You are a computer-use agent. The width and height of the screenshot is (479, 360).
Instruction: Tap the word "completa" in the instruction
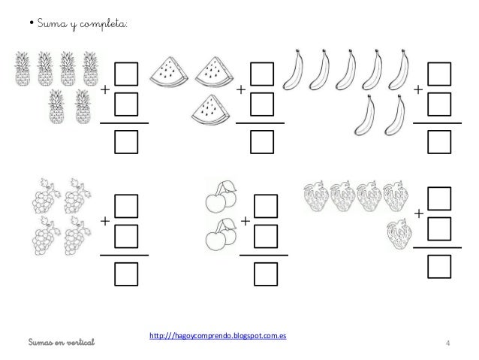point(103,24)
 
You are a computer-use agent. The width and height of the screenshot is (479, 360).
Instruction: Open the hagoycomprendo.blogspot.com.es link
point(218,335)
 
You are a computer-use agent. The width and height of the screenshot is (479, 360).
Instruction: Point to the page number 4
point(447,343)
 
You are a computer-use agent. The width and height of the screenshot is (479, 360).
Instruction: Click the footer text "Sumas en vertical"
point(62,342)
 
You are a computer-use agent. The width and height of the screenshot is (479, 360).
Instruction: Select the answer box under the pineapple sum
point(126,142)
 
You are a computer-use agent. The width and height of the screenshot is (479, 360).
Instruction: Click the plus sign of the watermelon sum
point(241,89)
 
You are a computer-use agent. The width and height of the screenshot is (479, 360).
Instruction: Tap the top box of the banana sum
point(439,74)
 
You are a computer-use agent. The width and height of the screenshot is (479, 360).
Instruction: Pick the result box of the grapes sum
point(126,274)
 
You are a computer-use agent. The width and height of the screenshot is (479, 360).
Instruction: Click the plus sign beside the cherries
point(246,221)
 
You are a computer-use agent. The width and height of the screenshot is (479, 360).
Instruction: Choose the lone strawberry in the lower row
point(399,234)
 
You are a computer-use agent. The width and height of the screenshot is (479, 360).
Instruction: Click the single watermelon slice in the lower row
point(210,110)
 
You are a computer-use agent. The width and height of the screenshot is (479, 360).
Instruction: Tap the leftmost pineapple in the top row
point(23,69)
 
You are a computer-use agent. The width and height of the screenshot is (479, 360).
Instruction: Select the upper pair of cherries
point(221,197)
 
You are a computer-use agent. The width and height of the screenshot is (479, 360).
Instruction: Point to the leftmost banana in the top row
point(293,70)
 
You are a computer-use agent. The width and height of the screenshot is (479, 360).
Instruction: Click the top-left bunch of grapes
point(46,195)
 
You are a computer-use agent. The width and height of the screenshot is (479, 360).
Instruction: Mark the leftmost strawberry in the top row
point(316,196)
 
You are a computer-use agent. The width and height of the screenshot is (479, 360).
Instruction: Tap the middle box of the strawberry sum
point(439,228)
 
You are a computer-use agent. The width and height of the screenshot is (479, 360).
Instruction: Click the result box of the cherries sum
point(266,274)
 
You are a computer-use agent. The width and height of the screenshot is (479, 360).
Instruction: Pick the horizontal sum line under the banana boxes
point(437,123)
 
